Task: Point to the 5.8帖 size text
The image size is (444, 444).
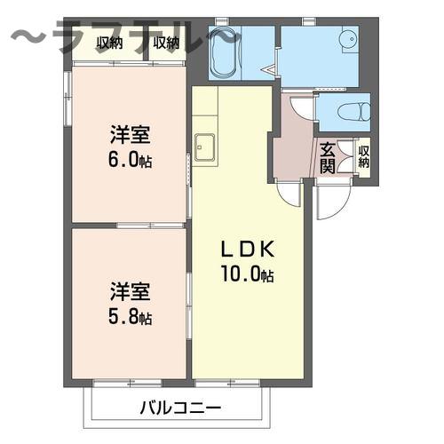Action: [x=130, y=317]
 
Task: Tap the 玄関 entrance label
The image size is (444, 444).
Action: [x=329, y=157]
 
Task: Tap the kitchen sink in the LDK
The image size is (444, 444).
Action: [x=205, y=146]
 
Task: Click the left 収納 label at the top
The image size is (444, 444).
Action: [x=110, y=43]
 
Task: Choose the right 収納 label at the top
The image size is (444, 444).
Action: [x=166, y=43]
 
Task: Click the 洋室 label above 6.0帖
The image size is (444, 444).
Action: [x=130, y=136]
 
